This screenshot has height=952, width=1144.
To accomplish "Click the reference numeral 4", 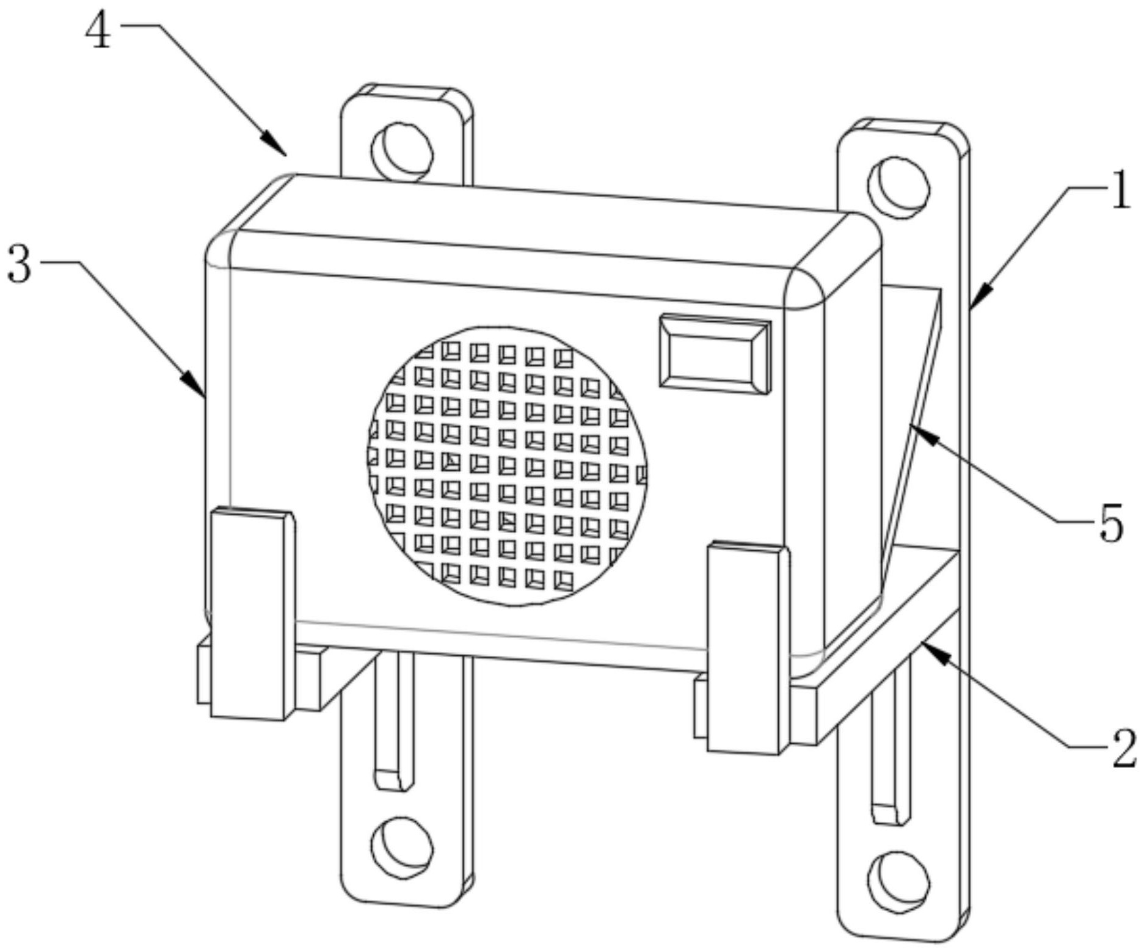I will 98,32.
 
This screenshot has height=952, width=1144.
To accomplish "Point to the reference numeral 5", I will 1111,525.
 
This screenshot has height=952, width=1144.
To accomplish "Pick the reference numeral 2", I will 1123,749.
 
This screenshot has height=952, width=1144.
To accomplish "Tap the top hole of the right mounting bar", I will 898,187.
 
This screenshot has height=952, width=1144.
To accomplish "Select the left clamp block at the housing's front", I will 249,614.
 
